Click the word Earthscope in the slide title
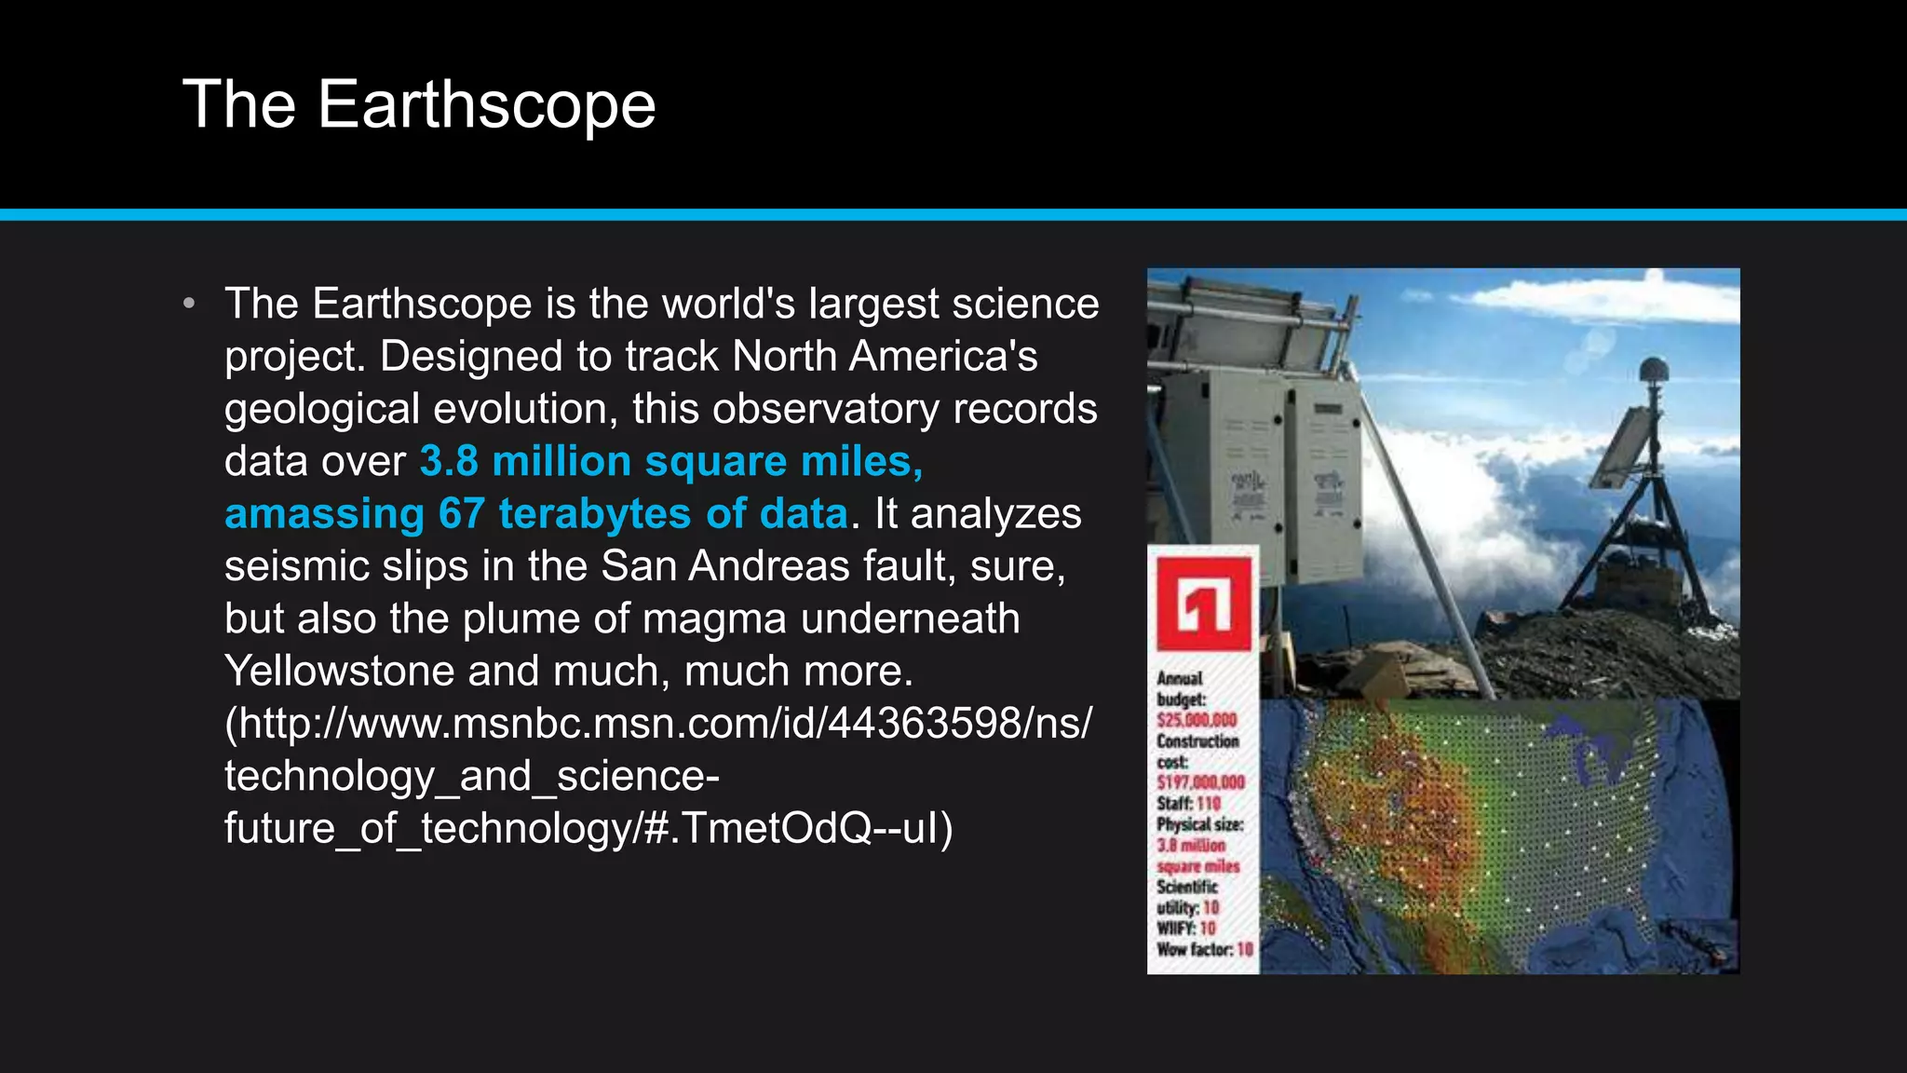(486, 104)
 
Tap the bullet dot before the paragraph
(189, 304)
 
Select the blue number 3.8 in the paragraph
(448, 461)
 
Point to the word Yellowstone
(339, 671)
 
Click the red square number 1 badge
(1203, 604)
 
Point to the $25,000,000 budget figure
(1197, 720)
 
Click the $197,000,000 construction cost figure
(1200, 782)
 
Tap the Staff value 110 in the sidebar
(1209, 803)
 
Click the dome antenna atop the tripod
(1653, 371)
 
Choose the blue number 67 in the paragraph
(462, 513)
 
